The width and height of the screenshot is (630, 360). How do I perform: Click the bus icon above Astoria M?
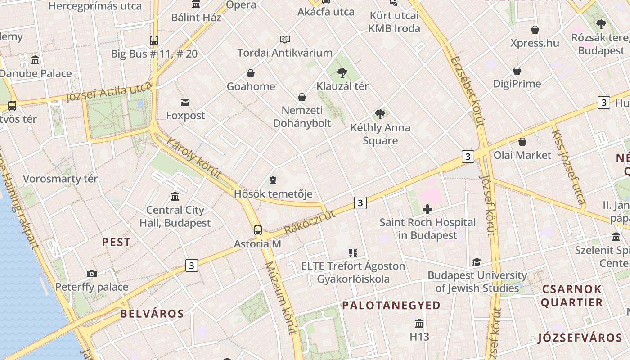pyautogui.click(x=258, y=230)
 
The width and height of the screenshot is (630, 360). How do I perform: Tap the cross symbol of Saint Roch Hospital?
pyautogui.click(x=427, y=209)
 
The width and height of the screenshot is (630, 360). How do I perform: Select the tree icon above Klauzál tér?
pyautogui.click(x=342, y=72)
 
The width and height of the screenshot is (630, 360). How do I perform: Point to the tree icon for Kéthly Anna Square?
pyautogui.click(x=380, y=114)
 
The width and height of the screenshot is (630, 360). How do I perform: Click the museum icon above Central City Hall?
pyautogui.click(x=175, y=197)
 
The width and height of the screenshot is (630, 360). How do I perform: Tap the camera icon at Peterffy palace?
pyautogui.click(x=92, y=274)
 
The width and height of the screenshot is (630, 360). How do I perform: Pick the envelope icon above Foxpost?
pyautogui.click(x=185, y=102)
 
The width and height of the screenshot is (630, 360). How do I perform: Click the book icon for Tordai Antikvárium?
pyautogui.click(x=285, y=39)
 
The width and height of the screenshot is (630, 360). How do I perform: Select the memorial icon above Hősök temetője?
pyautogui.click(x=273, y=180)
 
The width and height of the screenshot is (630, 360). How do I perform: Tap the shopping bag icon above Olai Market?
pyautogui.click(x=522, y=142)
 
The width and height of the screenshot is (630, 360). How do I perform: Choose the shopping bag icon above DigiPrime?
pyautogui.click(x=517, y=71)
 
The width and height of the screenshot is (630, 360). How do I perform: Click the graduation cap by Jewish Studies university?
pyautogui.click(x=477, y=262)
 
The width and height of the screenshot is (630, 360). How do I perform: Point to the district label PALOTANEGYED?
pyautogui.click(x=391, y=306)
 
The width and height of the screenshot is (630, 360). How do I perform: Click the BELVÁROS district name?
pyautogui.click(x=152, y=314)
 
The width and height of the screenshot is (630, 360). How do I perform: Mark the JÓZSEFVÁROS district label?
pyautogui.click(x=580, y=337)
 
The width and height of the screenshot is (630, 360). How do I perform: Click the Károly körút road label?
pyautogui.click(x=194, y=158)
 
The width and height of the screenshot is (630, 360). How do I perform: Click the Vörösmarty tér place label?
pyautogui.click(x=60, y=179)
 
